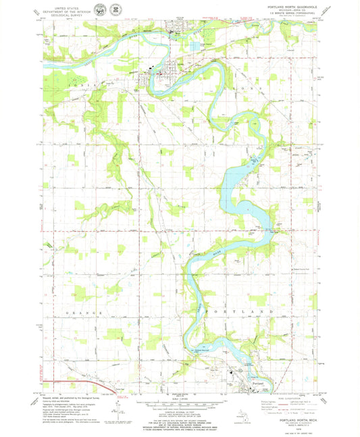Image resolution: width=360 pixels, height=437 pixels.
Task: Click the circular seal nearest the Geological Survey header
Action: click(100, 9)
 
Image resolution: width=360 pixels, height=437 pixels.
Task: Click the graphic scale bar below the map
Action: click(180, 405)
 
